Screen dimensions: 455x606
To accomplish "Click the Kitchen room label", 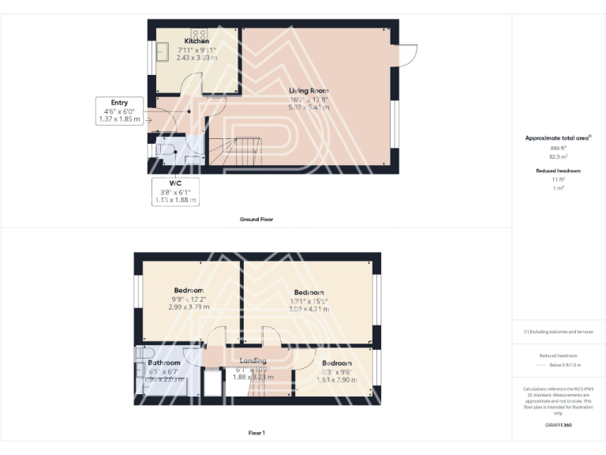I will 196,41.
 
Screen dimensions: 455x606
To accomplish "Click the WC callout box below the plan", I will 174,191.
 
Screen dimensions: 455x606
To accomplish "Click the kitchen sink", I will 166,52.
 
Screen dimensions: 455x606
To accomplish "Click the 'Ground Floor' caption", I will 256,219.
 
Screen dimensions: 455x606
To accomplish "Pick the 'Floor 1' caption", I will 256,433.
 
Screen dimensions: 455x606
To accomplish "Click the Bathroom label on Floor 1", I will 164,363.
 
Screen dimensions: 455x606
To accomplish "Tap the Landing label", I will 252,362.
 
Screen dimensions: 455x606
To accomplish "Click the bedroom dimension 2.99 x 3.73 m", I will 189,306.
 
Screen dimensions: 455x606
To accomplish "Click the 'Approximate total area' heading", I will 558,138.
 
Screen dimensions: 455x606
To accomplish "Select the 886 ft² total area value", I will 558,148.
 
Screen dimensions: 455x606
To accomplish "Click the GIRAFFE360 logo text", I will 558,425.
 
